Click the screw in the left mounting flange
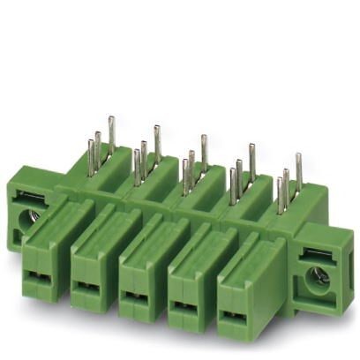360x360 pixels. pos(27,214)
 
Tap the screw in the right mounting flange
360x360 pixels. pos(318,276)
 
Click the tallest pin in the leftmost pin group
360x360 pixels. pos(111,133)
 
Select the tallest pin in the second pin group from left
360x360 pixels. pos(157,141)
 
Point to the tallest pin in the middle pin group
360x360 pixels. pos(204,150)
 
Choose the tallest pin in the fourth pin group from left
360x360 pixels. pos(251,159)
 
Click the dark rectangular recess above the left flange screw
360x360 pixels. pos(28,196)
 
